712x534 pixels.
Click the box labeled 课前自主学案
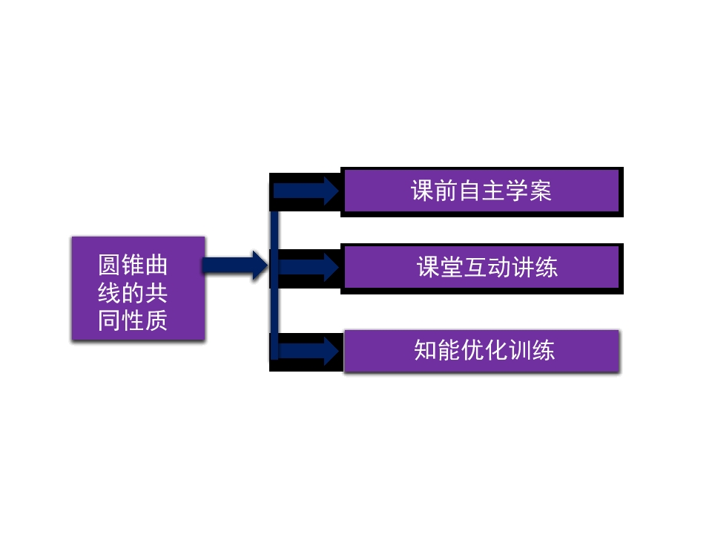point(481,191)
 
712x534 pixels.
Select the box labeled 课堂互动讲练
point(481,267)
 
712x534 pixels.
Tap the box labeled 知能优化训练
point(481,350)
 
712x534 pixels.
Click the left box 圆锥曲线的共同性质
point(138,289)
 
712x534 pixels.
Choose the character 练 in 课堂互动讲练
point(546,267)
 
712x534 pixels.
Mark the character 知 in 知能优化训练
point(425,350)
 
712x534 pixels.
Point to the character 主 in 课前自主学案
point(493,191)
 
